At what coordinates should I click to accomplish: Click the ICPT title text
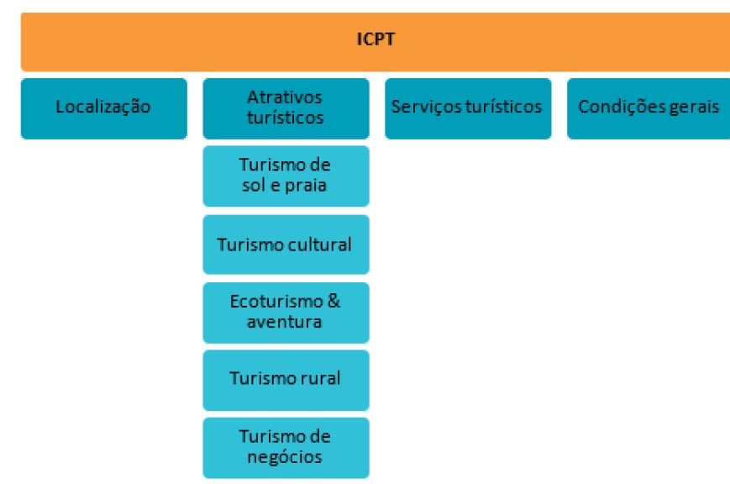coord(376,39)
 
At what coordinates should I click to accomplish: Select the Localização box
coord(103,108)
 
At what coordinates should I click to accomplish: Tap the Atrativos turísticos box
coord(286,108)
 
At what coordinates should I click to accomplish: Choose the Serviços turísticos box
coord(467,108)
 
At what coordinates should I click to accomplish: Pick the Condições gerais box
coord(648,108)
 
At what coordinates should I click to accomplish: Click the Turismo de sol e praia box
coord(286,175)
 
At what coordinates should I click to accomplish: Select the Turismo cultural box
coord(286,244)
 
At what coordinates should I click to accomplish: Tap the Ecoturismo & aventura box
coord(286,311)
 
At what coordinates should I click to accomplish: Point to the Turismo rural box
coord(286,379)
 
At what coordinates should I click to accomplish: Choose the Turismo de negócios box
coord(286,447)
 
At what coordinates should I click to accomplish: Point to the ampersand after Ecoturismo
coord(334,301)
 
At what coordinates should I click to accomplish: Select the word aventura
coord(285,321)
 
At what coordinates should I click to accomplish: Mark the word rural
coord(322,378)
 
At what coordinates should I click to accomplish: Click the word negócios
coord(285,457)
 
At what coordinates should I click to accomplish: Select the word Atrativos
coord(285,97)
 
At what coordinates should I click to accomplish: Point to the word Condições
coord(617,108)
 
